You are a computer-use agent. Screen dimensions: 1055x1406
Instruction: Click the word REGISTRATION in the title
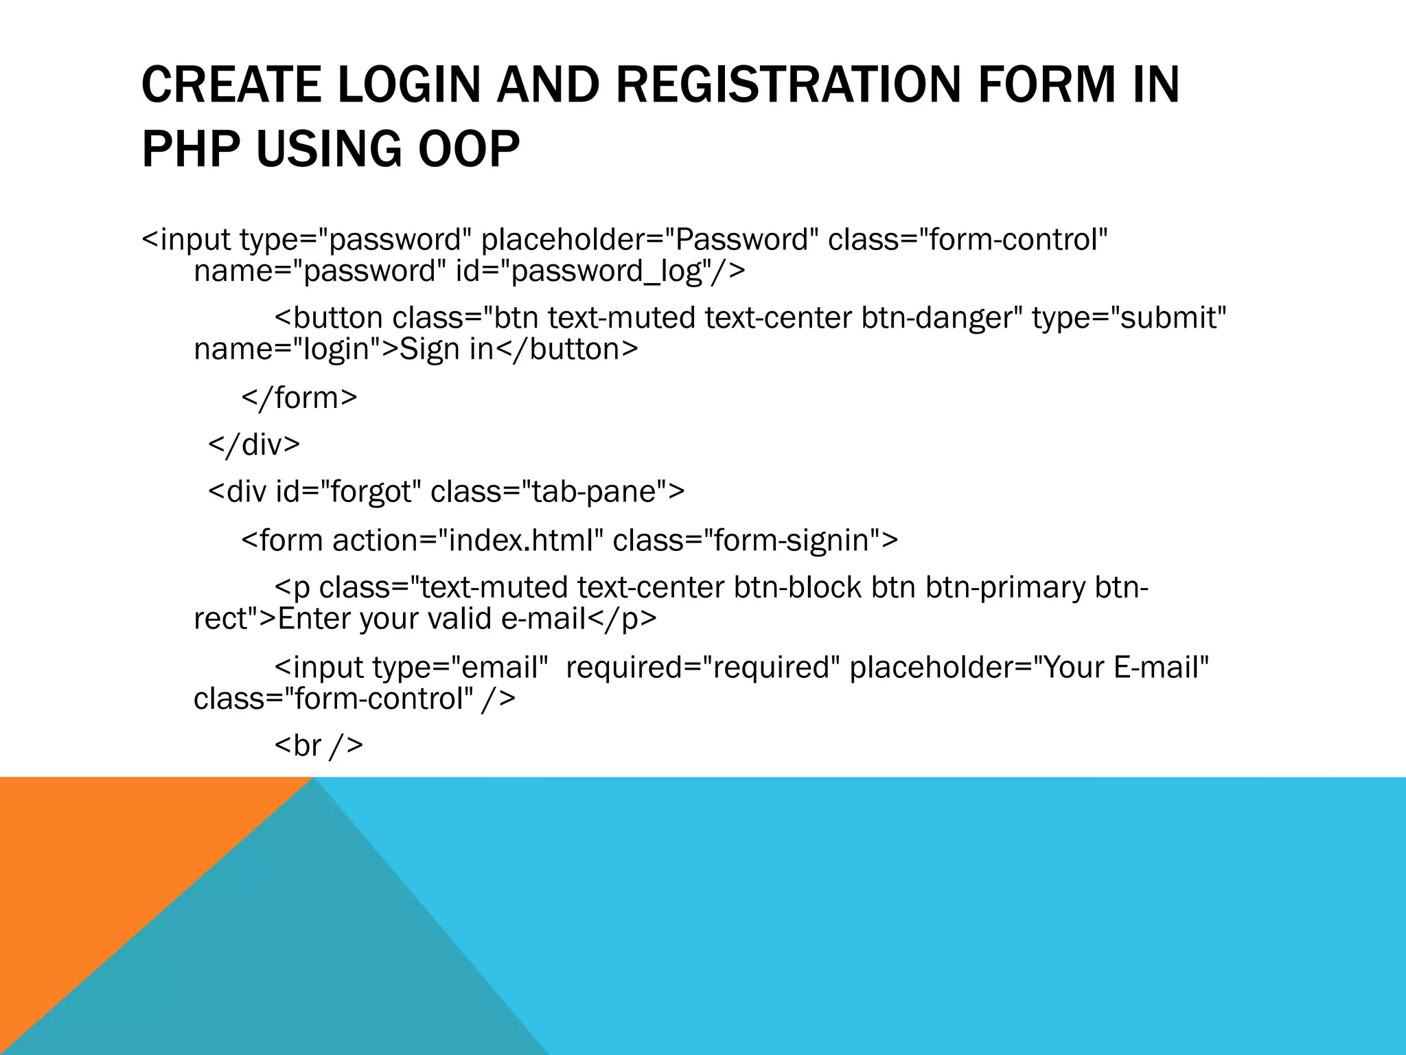point(786,84)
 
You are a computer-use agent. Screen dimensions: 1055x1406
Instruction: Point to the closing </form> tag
point(299,398)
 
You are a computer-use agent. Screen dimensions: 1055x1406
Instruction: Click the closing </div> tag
point(254,444)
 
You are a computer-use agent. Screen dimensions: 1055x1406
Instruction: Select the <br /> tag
point(319,745)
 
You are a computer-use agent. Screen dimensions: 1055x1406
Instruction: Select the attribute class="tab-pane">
point(557,492)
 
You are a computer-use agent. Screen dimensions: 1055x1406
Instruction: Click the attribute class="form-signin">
point(755,541)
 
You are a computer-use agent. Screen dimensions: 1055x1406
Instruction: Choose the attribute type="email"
point(460,668)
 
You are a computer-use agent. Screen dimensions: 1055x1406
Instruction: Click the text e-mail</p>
point(579,619)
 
